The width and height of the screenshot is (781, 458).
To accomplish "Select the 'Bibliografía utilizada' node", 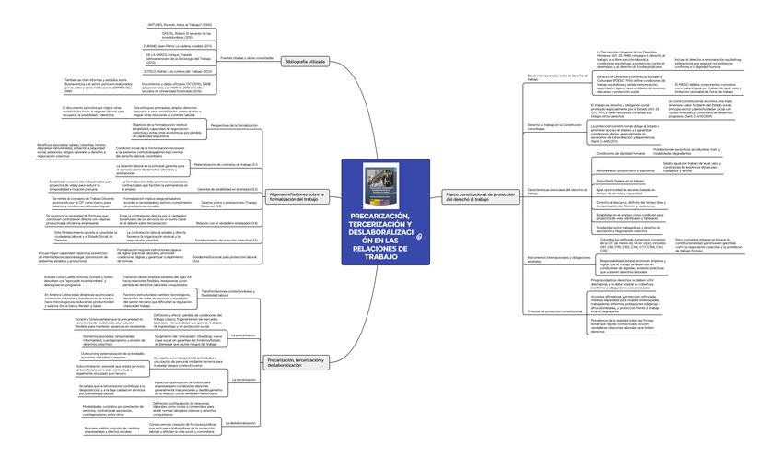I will tap(305, 61).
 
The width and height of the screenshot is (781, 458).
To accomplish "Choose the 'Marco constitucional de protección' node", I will tap(480, 195).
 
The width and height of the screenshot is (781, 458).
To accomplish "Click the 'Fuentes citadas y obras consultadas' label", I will tap(246, 57).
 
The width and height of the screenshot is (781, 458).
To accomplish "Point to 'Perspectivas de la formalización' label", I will tap(234, 125).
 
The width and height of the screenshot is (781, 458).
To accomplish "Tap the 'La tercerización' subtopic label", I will tap(243, 379).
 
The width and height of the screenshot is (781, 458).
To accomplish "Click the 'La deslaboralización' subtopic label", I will tap(241, 423).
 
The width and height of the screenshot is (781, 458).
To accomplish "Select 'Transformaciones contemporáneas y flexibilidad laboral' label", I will tap(227, 292).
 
